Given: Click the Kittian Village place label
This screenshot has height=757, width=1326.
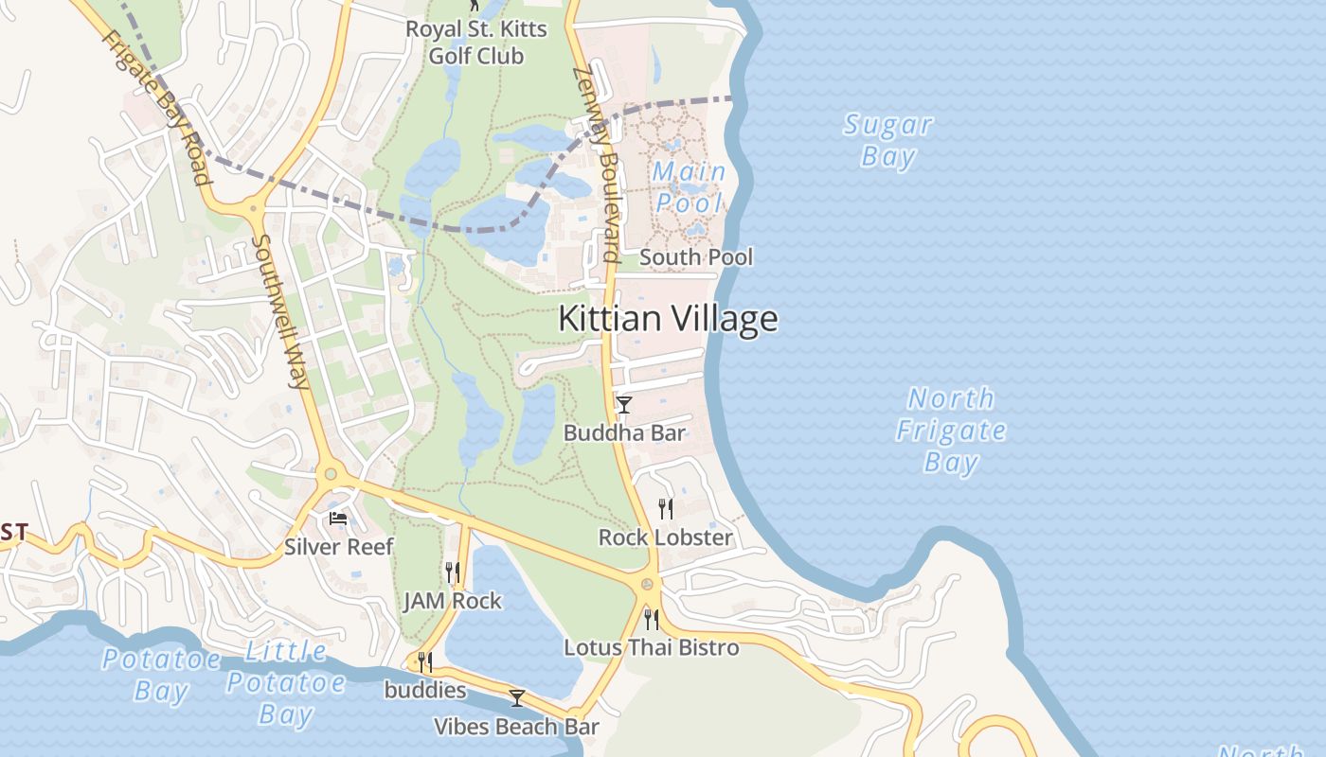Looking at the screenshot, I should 668,319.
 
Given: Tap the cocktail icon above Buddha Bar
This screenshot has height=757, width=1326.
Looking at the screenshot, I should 623,405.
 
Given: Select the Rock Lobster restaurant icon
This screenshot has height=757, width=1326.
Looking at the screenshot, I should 666,509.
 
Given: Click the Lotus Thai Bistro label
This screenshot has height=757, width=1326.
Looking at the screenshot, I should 652,648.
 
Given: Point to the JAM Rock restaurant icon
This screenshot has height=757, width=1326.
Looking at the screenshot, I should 453,572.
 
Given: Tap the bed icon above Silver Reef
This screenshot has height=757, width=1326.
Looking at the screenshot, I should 338,518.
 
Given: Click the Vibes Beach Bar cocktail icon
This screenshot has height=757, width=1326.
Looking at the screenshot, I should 516,698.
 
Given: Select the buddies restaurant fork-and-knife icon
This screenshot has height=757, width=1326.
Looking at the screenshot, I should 425,661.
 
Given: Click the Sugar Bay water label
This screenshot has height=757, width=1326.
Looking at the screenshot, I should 887,140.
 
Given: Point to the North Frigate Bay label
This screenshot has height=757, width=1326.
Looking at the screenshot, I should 950,430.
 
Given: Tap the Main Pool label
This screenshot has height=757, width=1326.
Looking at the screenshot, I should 689,187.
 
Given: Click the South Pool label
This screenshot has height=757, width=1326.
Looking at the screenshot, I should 696,257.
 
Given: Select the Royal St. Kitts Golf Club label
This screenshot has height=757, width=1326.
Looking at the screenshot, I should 476,43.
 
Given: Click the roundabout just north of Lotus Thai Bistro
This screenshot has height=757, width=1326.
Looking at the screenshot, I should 648,585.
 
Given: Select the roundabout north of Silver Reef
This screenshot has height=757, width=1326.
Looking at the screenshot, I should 330,473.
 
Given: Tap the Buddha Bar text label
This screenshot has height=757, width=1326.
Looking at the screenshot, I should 624,433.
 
